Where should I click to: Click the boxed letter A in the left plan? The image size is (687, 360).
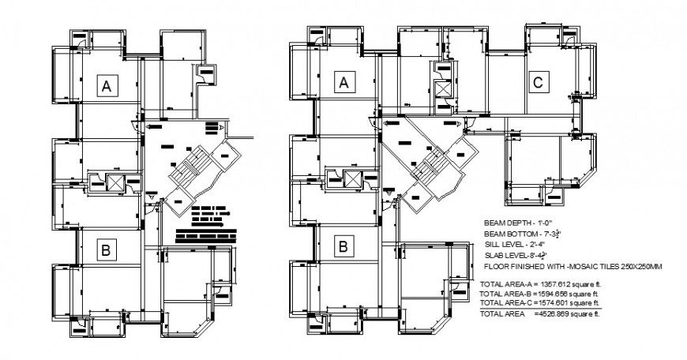[x=104, y=88]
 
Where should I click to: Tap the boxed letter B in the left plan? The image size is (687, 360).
[x=104, y=251]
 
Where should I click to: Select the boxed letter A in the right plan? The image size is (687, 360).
[x=343, y=82]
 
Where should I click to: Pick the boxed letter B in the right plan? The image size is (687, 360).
[x=343, y=246]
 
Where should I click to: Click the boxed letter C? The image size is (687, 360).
[x=538, y=82]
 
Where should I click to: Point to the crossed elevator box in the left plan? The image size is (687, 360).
[x=115, y=182]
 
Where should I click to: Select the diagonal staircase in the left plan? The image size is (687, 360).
[x=188, y=168]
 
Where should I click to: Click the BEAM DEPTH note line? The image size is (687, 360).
[x=517, y=224]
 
